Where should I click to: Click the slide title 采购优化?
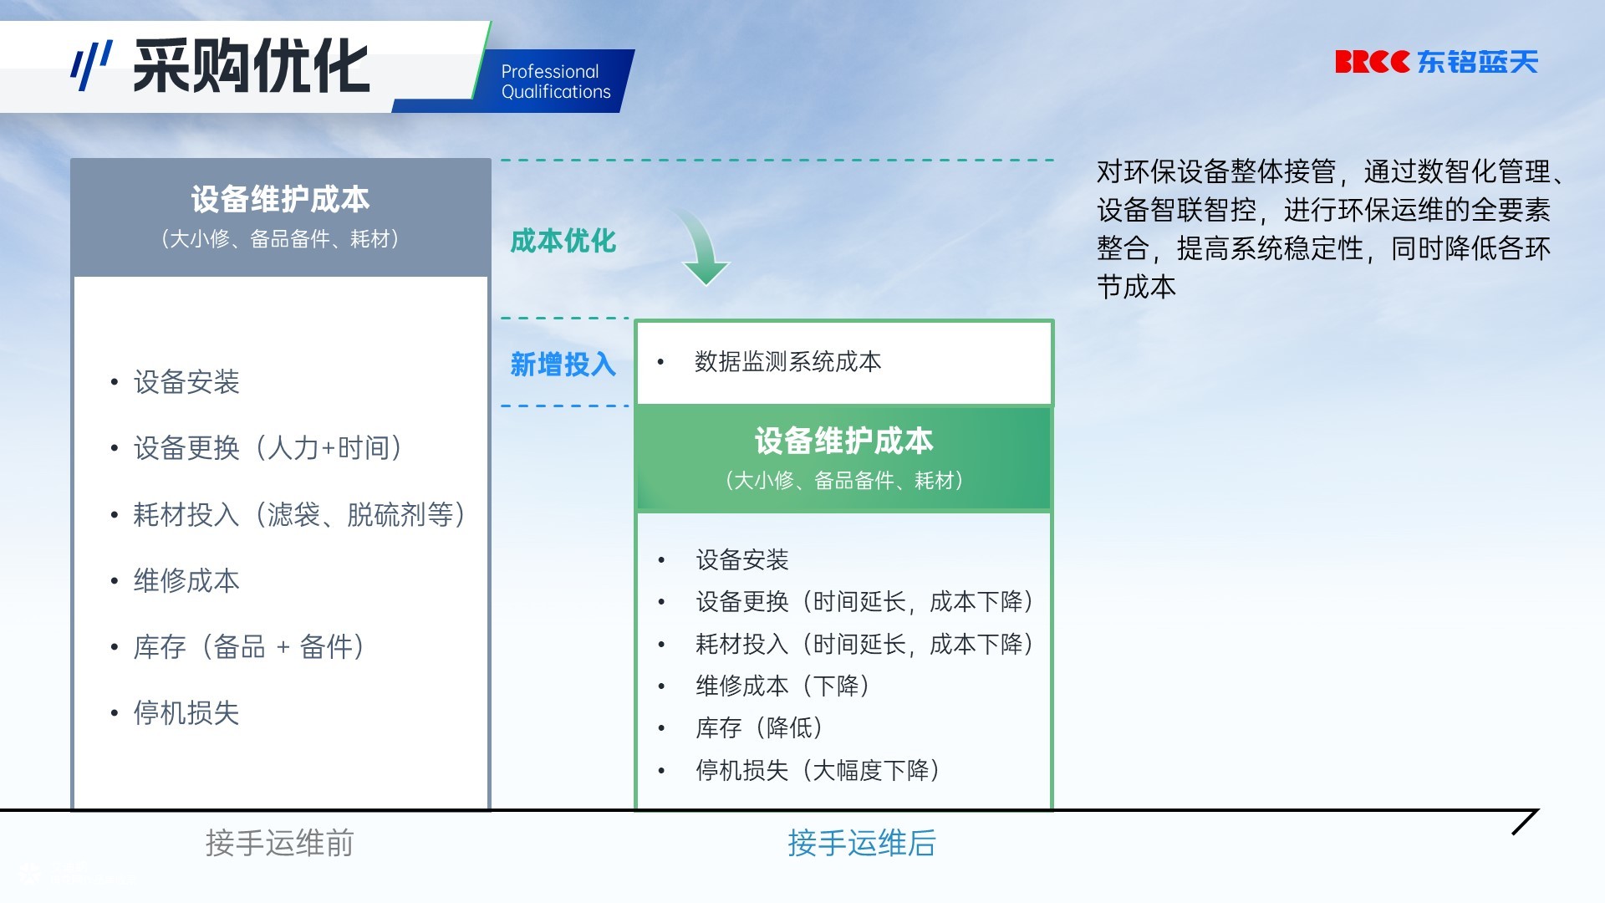251,66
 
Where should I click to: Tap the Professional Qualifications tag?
556,82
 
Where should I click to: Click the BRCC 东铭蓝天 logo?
1436,62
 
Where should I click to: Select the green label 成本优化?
563,241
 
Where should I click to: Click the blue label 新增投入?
563,365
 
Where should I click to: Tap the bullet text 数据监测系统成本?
787,362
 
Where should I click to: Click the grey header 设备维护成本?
280,200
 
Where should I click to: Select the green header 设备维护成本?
843,441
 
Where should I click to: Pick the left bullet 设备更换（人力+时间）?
267,448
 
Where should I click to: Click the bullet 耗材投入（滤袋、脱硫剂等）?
299,514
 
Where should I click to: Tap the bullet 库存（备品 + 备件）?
248,646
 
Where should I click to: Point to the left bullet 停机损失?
186,713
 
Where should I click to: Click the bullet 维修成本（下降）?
782,686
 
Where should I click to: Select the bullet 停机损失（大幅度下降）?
818,770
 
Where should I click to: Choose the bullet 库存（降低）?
759,727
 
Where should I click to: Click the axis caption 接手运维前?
280,843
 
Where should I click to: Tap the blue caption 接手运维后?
862,843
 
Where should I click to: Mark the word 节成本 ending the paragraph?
1137,287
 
